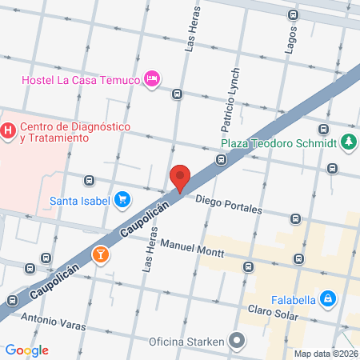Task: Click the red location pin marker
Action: tap(180, 178)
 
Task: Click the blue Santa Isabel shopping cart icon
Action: tap(122, 199)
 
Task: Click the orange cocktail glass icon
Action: tap(101, 255)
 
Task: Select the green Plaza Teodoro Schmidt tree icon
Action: tap(348, 143)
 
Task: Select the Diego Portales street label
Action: tap(228, 204)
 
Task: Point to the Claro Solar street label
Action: tap(273, 313)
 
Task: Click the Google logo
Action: tap(26, 350)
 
